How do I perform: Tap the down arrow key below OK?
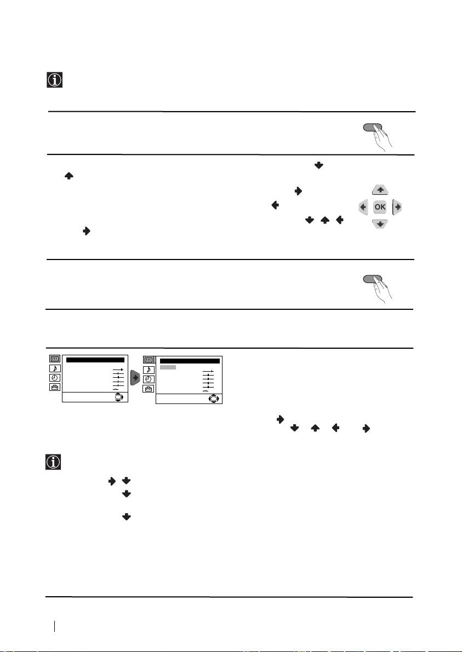point(380,224)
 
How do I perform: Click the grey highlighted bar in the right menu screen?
point(168,367)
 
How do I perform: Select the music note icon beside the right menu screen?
point(148,370)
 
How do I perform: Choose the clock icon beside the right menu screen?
point(148,379)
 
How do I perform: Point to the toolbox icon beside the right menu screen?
point(148,389)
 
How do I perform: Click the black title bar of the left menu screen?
point(95,360)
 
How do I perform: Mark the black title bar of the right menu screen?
point(190,361)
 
